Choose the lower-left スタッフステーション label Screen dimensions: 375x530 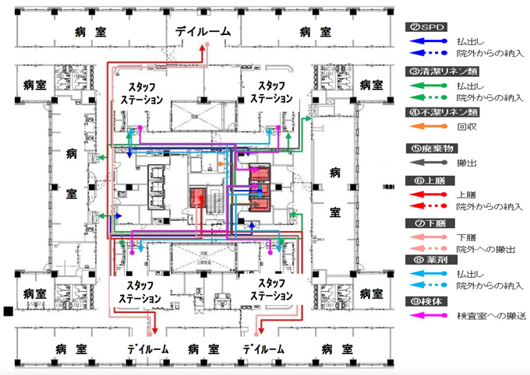(x=141, y=291)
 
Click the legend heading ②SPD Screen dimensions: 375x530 (x=426, y=27)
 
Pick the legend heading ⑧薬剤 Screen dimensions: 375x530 (x=426, y=260)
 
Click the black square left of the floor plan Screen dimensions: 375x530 (x=8, y=312)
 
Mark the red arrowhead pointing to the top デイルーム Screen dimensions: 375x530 (x=202, y=48)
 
